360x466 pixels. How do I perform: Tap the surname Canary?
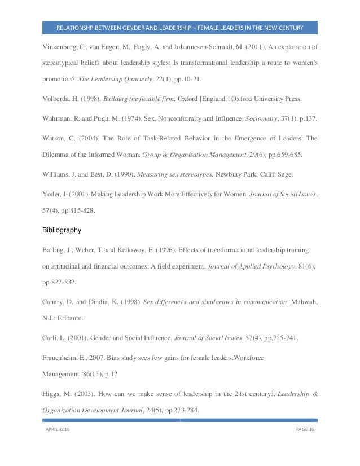click(55, 302)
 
